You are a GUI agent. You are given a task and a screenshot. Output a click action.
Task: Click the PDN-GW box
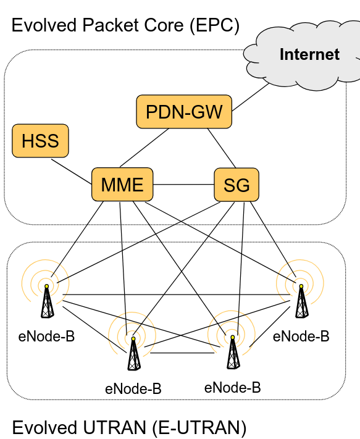(x=184, y=112)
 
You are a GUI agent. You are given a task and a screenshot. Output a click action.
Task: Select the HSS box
(x=40, y=141)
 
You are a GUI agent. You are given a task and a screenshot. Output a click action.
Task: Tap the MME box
(x=122, y=185)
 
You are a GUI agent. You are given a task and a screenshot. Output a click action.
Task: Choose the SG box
(x=237, y=185)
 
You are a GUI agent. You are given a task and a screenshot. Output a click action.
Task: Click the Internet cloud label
(x=309, y=54)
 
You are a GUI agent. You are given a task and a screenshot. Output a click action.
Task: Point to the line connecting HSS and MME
(x=72, y=172)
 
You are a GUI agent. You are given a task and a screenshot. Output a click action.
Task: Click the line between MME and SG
(x=183, y=185)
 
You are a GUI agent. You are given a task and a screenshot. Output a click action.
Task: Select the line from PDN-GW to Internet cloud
(x=251, y=97)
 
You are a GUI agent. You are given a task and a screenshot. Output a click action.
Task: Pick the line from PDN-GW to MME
(x=144, y=148)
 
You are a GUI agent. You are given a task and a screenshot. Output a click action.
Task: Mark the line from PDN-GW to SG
(x=222, y=148)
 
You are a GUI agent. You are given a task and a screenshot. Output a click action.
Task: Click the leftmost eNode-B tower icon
(x=47, y=301)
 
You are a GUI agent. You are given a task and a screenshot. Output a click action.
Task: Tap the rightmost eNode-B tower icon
(x=301, y=301)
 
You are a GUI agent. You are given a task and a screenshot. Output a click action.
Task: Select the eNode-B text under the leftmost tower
(x=46, y=337)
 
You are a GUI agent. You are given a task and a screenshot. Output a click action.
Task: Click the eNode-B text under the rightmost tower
(x=301, y=337)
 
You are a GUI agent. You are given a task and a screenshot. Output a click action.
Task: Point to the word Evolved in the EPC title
(x=44, y=25)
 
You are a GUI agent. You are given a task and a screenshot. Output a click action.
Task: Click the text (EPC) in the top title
(x=214, y=26)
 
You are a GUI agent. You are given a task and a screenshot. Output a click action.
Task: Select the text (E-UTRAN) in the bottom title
(x=199, y=428)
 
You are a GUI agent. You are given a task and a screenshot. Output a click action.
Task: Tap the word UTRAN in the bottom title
(x=114, y=427)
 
